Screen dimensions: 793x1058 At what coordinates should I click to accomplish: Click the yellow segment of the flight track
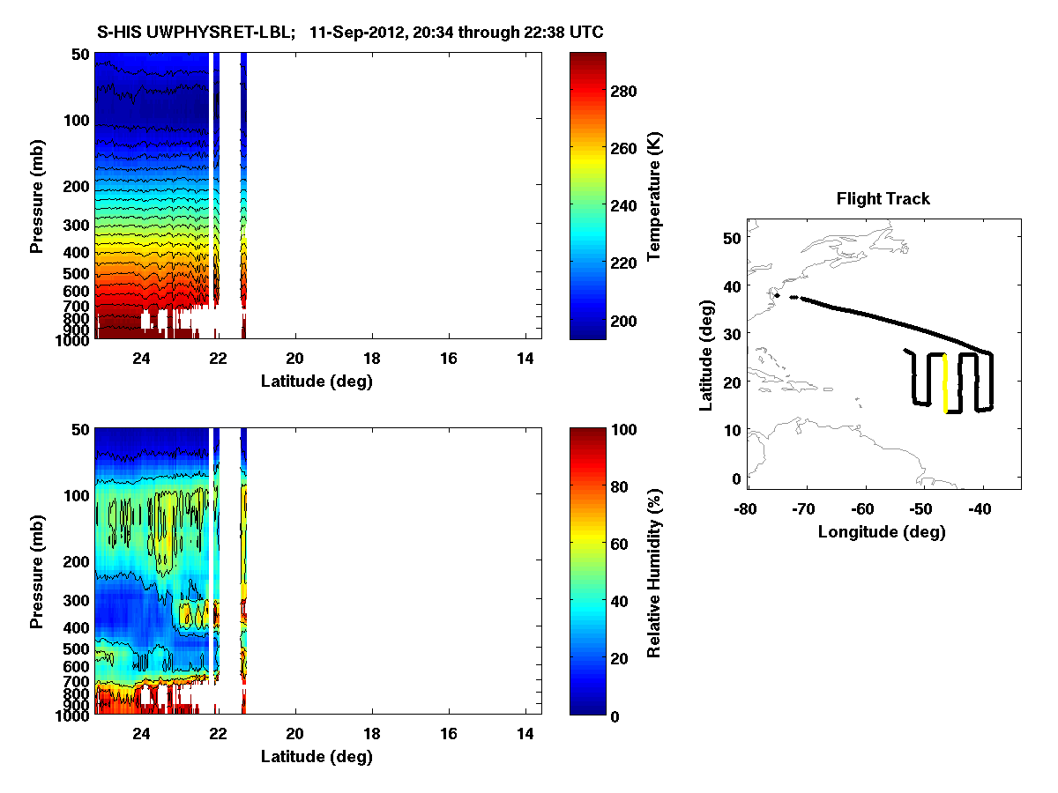coord(945,383)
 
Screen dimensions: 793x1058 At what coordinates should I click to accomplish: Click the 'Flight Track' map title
coord(883,199)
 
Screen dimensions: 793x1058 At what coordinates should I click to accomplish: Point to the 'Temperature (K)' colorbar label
coord(655,196)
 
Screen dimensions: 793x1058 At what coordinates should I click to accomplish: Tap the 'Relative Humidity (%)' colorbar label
coord(655,571)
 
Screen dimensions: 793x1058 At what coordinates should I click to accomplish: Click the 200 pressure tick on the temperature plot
coord(78,187)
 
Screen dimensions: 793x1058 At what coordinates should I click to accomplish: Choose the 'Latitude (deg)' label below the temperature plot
coord(317,381)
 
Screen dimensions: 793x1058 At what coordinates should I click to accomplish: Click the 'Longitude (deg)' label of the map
coord(883,531)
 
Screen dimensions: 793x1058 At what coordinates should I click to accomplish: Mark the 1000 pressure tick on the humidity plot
coord(73,715)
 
